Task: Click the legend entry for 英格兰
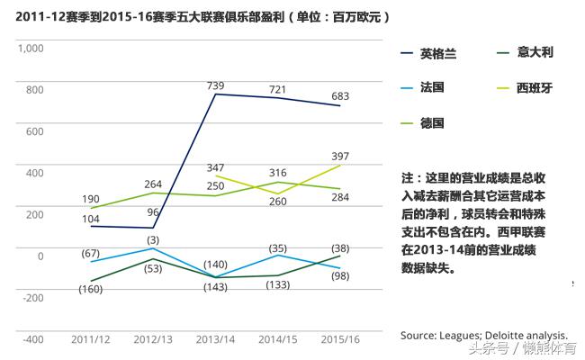tap(438, 53)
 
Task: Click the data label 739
tap(216, 85)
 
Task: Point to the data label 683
tap(338, 95)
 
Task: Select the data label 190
tap(91, 198)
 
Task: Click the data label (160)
tap(91, 289)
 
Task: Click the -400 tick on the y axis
tap(32, 340)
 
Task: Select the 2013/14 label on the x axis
tap(215, 340)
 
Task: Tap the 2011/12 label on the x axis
tap(91, 340)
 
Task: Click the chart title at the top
tap(202, 16)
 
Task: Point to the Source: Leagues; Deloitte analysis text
tap(483, 334)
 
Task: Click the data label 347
tap(216, 168)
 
